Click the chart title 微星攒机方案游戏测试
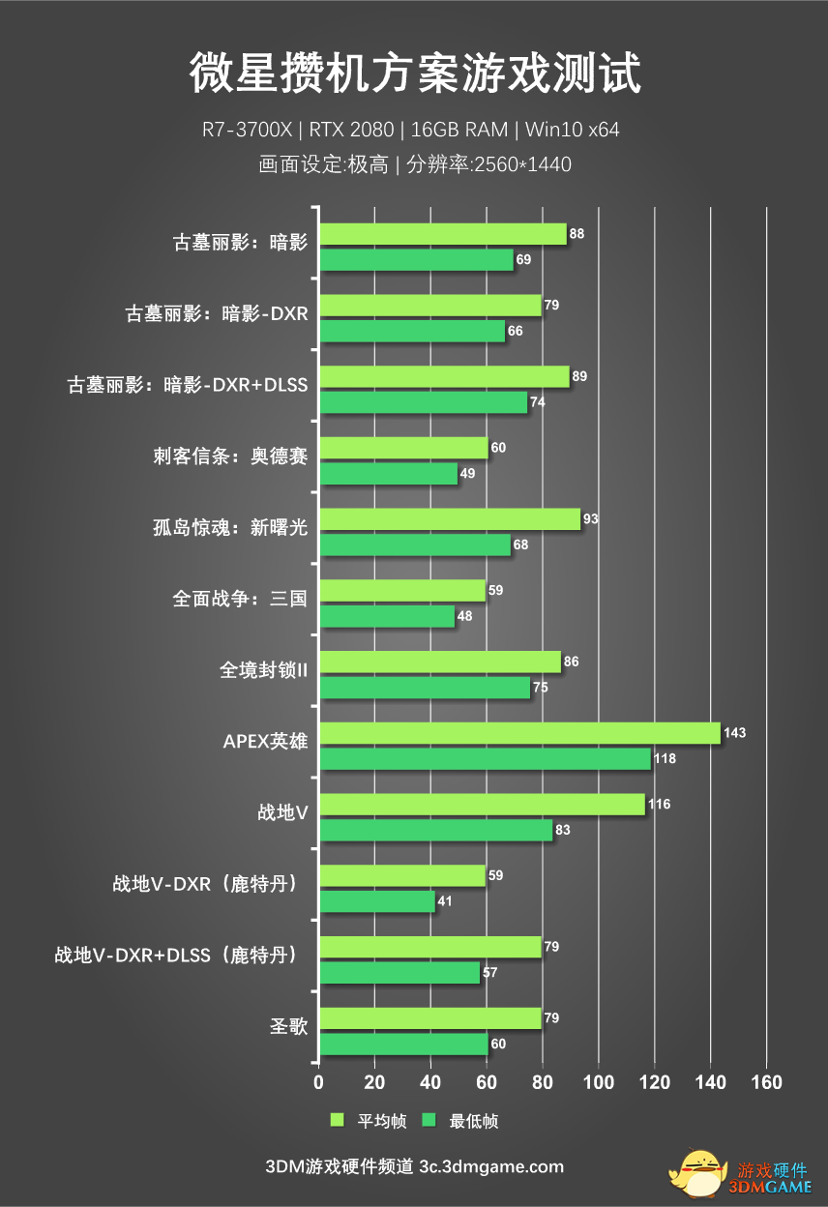coord(414,74)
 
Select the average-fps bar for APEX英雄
coord(519,733)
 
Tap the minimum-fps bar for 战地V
coord(435,830)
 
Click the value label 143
coord(735,733)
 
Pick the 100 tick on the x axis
coord(599,1081)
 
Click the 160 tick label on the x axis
coord(767,1081)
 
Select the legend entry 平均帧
coord(369,1121)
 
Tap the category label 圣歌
coord(288,1026)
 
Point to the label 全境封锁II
coord(263,669)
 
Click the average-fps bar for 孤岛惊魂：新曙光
coord(450,519)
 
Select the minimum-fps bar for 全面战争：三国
coord(387,616)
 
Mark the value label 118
coord(665,759)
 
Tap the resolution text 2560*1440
coord(521,164)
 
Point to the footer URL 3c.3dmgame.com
coord(491,1166)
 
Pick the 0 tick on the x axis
coord(319,1081)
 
